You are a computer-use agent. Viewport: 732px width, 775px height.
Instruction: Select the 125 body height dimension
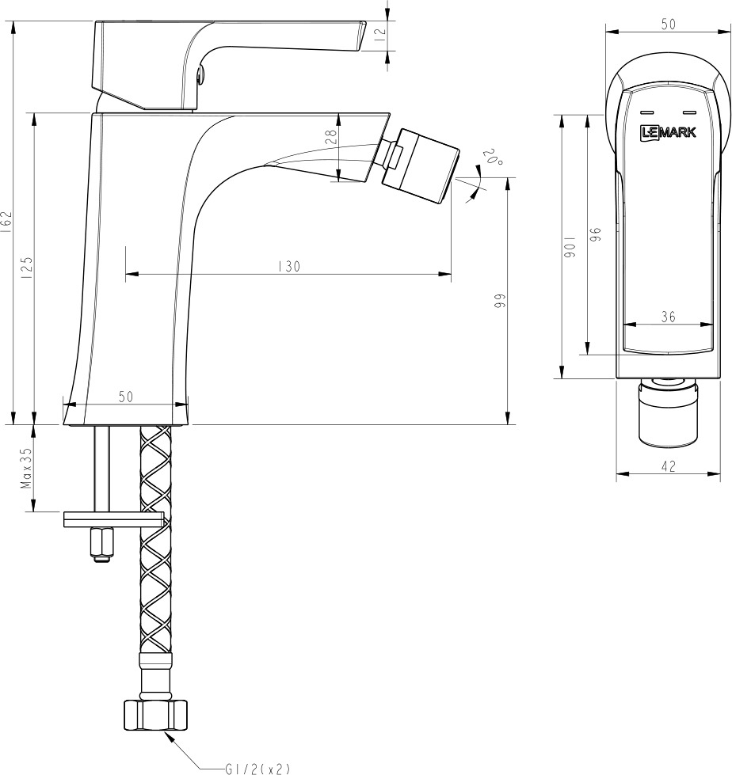[27, 268]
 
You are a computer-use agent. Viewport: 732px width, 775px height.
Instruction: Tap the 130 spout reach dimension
[289, 267]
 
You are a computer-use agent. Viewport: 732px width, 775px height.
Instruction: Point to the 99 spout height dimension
[500, 301]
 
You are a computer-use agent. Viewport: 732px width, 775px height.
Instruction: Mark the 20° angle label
[493, 158]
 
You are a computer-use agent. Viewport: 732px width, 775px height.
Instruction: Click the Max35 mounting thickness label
[26, 468]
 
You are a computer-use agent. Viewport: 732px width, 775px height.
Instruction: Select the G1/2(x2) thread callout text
[257, 769]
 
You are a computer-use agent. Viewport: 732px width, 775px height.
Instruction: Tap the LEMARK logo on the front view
[669, 132]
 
